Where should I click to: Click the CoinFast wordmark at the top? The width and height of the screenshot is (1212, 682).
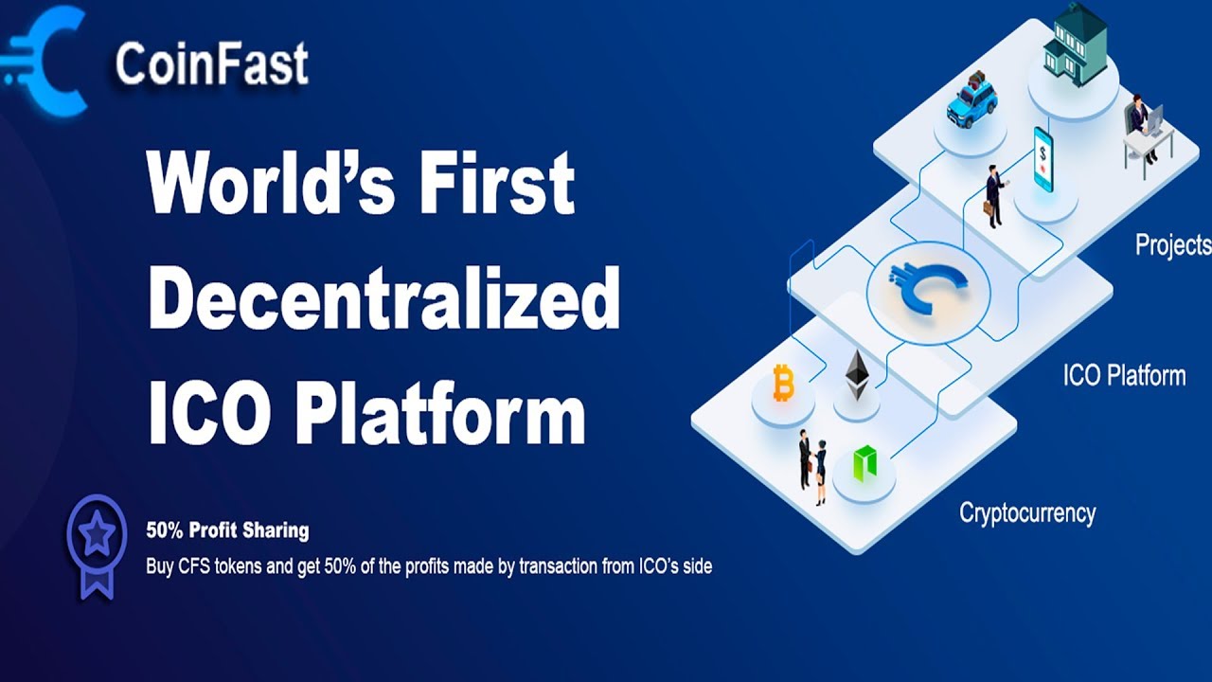point(211,64)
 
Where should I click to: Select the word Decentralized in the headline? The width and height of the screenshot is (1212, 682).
point(383,300)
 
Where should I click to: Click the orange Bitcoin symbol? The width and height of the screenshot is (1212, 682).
point(783,384)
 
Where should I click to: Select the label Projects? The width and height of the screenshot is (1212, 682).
point(1172,245)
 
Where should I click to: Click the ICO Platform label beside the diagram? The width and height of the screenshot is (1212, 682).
point(1123,375)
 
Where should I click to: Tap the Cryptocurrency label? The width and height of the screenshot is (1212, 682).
point(1027,513)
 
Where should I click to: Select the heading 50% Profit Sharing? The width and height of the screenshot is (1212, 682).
point(227,529)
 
